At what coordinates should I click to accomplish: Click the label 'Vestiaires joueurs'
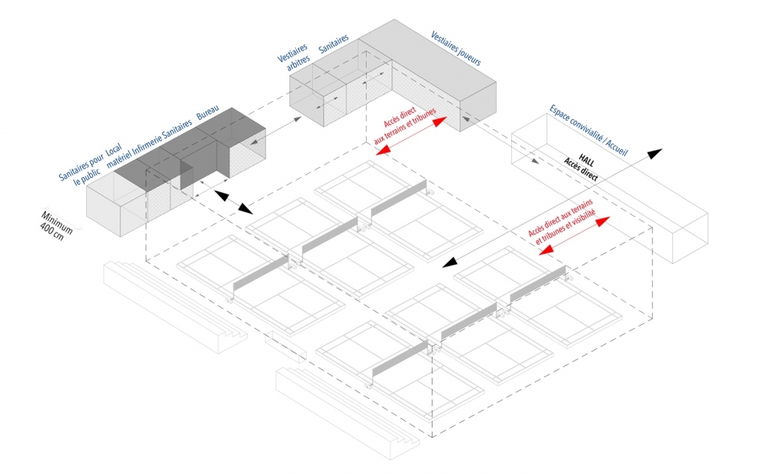pyautogui.click(x=456, y=49)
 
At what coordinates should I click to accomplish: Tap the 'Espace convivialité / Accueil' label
pyautogui.click(x=589, y=130)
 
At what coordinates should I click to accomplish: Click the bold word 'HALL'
pyautogui.click(x=586, y=161)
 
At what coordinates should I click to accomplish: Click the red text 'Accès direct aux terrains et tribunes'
pyautogui.click(x=405, y=126)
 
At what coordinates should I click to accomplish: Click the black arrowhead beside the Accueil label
pyautogui.click(x=654, y=154)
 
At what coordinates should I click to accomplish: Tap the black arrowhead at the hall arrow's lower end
pyautogui.click(x=449, y=263)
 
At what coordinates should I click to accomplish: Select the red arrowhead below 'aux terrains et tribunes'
pyautogui.click(x=384, y=151)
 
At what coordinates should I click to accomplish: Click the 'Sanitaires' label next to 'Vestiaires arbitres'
pyautogui.click(x=333, y=44)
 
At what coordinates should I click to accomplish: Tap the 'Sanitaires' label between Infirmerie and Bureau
pyautogui.click(x=177, y=128)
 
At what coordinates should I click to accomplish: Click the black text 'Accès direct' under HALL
pyautogui.click(x=580, y=170)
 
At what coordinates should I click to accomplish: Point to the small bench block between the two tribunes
pyautogui.click(x=286, y=346)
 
